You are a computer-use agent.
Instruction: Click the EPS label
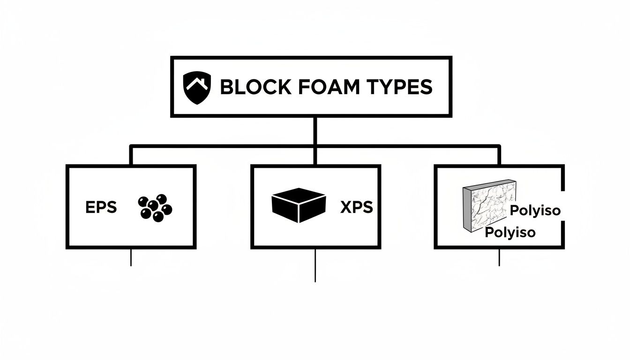pyautogui.click(x=101, y=207)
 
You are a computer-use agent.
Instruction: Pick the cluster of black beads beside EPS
pyautogui.click(x=155, y=208)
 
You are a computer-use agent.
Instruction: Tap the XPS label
pyautogui.click(x=357, y=207)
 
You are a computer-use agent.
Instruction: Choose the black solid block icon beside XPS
pyautogui.click(x=299, y=205)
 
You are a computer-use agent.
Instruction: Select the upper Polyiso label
pyautogui.click(x=535, y=210)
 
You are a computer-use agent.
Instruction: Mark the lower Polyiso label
pyautogui.click(x=510, y=232)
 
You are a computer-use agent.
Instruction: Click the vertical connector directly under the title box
pyautogui.click(x=315, y=131)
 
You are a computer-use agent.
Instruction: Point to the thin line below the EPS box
pyautogui.click(x=131, y=257)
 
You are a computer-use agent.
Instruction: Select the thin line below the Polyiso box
pyautogui.click(x=499, y=257)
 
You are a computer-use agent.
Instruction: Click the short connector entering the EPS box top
pyautogui.click(x=131, y=156)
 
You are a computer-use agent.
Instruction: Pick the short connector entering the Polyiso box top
pyautogui.click(x=499, y=156)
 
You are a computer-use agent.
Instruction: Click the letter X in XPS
pyautogui.click(x=345, y=207)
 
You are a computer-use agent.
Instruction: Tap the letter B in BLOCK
pyautogui.click(x=225, y=87)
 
